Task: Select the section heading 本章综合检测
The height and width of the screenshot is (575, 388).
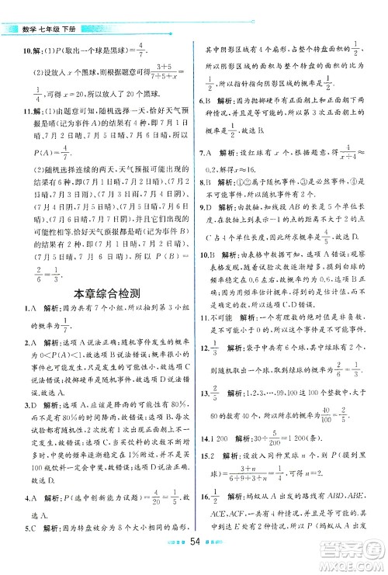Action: point(97,314)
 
